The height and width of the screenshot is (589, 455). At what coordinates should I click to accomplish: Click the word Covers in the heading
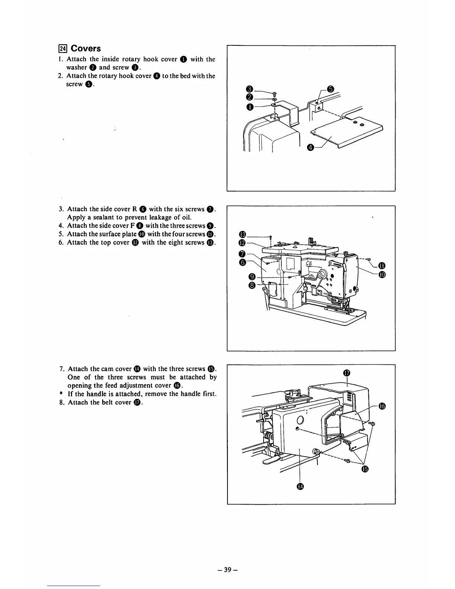(x=85, y=48)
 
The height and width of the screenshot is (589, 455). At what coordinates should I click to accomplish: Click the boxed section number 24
(x=63, y=49)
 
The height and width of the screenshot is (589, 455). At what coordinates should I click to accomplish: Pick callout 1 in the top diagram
(x=250, y=107)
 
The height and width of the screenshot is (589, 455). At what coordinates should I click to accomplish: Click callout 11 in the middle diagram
(x=382, y=265)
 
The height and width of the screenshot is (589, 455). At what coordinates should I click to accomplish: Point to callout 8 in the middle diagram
(x=252, y=285)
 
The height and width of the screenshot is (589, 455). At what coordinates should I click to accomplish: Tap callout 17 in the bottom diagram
(x=347, y=373)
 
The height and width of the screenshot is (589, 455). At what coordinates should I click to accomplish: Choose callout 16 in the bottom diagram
(x=383, y=406)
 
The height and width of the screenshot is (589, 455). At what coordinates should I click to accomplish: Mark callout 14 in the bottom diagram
(x=300, y=486)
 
